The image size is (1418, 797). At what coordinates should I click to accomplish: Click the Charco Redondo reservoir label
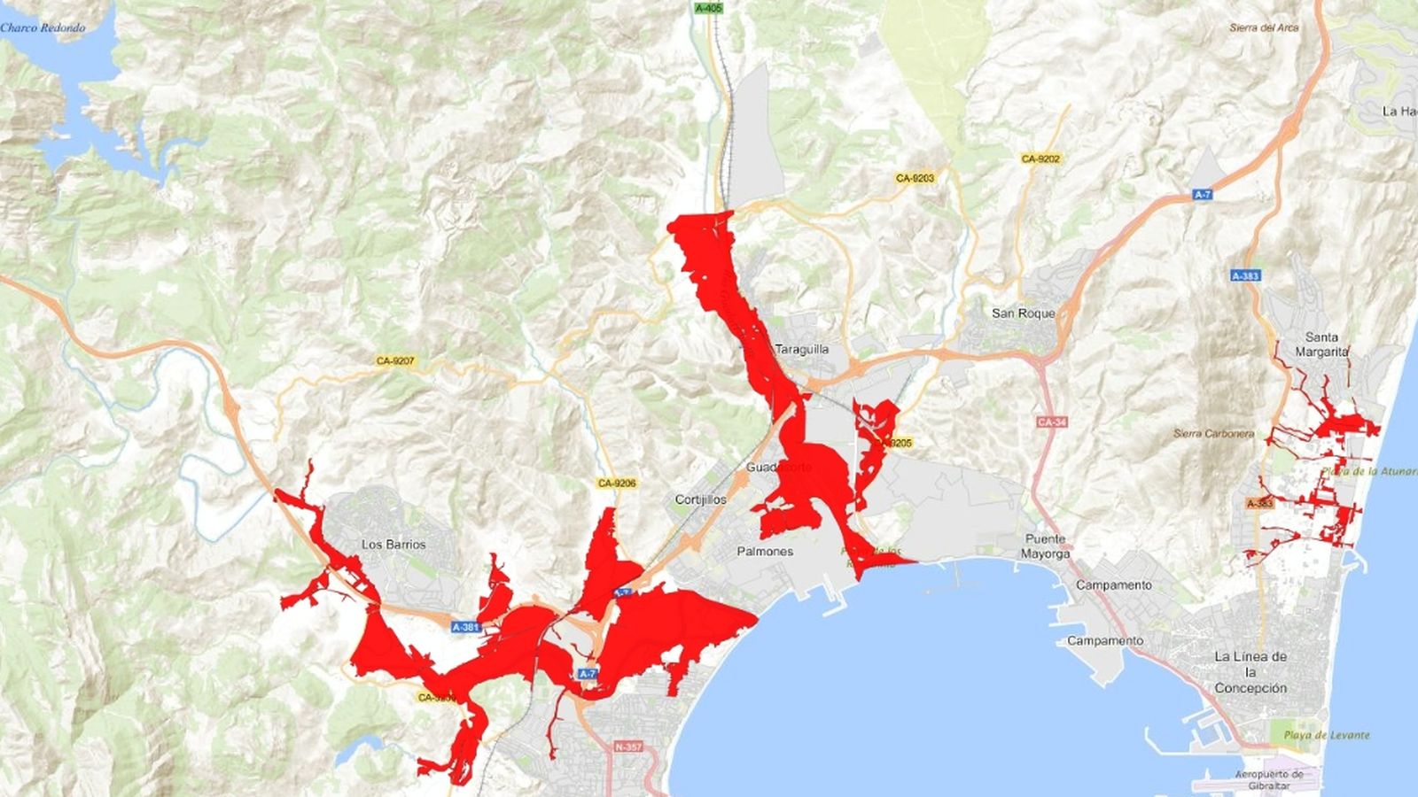[x=43, y=28]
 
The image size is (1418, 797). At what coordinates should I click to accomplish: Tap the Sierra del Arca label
[x=1264, y=28]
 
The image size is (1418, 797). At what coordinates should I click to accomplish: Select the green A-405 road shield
[x=708, y=8]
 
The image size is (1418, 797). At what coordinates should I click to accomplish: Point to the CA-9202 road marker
[x=1040, y=159]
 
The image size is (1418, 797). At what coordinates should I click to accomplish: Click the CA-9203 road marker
[x=915, y=178]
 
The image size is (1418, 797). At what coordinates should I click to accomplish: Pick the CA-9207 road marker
[x=395, y=361]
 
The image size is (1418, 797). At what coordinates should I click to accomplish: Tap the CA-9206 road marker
[x=617, y=484]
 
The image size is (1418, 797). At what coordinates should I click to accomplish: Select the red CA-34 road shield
[x=1051, y=422]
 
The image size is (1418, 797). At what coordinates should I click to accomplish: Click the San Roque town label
[x=1023, y=313]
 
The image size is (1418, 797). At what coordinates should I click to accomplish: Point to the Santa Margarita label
[x=1321, y=344]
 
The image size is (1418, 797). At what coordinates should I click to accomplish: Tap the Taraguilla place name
[x=802, y=349]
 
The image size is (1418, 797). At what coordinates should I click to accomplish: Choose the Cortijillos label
[x=700, y=499]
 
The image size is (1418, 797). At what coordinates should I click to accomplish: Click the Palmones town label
[x=765, y=552]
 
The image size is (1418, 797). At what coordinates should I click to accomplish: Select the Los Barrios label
[x=393, y=545]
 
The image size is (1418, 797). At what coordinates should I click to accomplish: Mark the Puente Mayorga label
[x=1046, y=546]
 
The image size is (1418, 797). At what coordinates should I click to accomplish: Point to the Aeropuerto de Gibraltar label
[x=1269, y=780]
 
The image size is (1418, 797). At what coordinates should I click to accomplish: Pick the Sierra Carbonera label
[x=1213, y=434]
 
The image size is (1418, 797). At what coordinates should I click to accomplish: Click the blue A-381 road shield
[x=465, y=627]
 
